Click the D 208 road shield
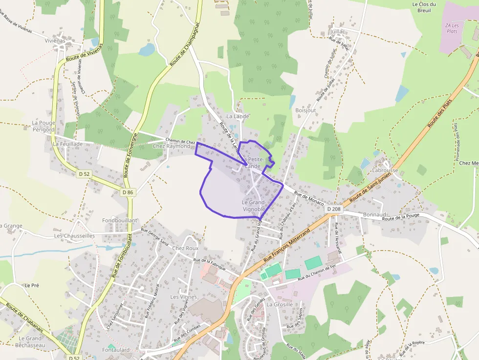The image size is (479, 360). pos(333,209)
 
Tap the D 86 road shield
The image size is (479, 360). pos(128,192)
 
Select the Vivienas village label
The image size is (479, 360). pos(54,41)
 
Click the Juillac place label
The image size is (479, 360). pos(338,31)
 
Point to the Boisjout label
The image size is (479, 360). pos(305,110)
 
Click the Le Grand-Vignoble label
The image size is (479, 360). pos(254,206)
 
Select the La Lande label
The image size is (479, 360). pos(238,116)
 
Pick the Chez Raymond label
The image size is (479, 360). pos(171,146)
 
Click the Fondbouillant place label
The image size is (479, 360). pos(120,221)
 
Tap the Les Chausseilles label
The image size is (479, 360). pos(74,235)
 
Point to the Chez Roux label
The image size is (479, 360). pos(185,248)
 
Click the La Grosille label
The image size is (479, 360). pos(280,304)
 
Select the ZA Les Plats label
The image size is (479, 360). pos(452,28)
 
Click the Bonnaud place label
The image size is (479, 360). pos(375,214)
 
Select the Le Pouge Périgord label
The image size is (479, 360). pos(43,126)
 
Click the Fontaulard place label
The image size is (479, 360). pos(116,350)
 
